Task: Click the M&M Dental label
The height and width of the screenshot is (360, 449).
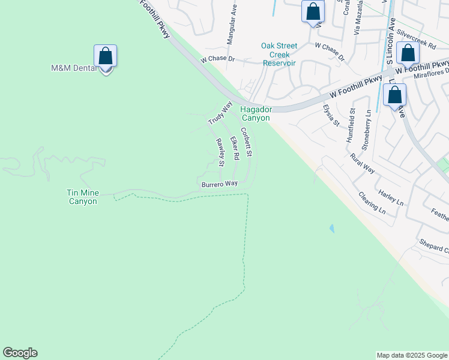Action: (x=73, y=68)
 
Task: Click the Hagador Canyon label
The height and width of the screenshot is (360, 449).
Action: (x=256, y=113)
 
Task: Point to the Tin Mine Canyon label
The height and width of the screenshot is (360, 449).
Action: (x=82, y=197)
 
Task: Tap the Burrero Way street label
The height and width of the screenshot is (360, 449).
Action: (x=220, y=183)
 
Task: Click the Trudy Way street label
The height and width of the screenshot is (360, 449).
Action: (x=220, y=113)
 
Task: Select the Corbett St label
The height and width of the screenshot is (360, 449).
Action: (x=246, y=142)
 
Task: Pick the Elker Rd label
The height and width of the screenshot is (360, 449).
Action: (x=235, y=147)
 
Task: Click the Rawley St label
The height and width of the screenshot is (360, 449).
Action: (x=220, y=152)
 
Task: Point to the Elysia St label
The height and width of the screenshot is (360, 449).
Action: (x=331, y=115)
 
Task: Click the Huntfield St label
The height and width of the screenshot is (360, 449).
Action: (x=351, y=125)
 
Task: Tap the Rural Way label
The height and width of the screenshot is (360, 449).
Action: (x=363, y=163)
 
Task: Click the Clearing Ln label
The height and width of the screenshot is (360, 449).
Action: (x=372, y=202)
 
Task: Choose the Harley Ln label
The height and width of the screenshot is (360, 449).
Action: (x=390, y=196)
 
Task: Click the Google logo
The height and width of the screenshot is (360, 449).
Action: (x=20, y=353)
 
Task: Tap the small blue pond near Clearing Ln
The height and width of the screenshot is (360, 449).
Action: (x=331, y=228)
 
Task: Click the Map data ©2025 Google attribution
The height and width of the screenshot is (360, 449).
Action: (x=412, y=355)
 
